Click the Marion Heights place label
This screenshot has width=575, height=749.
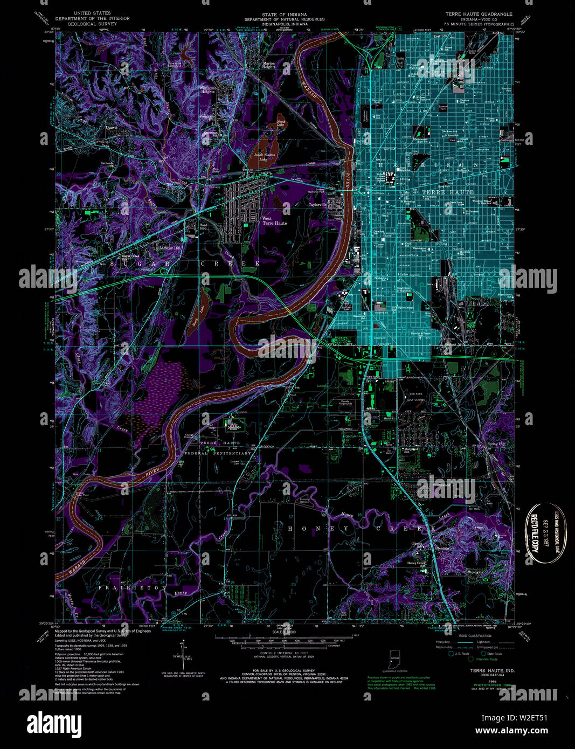click(x=269, y=65)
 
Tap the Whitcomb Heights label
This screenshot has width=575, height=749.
click(x=207, y=89)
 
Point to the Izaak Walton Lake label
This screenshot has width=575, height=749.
click(x=265, y=157)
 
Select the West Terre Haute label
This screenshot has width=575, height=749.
click(x=274, y=221)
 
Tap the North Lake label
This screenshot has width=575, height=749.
click(x=281, y=123)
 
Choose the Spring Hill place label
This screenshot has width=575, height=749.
click(x=496, y=444)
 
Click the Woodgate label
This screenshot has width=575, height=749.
click(x=475, y=572)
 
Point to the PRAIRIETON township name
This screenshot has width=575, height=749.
click(x=133, y=588)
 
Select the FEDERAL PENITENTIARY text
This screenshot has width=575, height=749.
click(x=218, y=453)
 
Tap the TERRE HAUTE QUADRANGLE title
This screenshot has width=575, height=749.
click(x=478, y=13)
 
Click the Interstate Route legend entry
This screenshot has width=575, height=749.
click(x=486, y=659)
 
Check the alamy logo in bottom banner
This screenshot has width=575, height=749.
click(x=54, y=723)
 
